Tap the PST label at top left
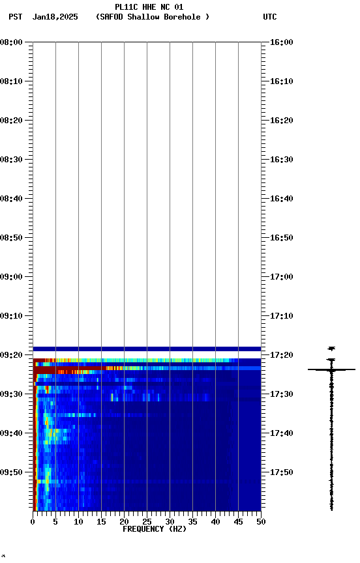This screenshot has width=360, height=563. coord(15,17)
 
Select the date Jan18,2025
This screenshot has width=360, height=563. coord(55,17)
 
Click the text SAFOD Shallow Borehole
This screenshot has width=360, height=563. coord(153,17)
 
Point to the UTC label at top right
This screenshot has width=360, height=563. coord(270,17)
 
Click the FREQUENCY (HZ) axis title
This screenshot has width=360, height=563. coord(154,529)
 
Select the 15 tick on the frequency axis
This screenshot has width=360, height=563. coord(101,521)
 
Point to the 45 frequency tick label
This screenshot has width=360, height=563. coord(238,521)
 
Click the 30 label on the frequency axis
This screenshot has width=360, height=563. coord(170,521)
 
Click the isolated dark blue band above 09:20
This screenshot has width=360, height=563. coord(147,349)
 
